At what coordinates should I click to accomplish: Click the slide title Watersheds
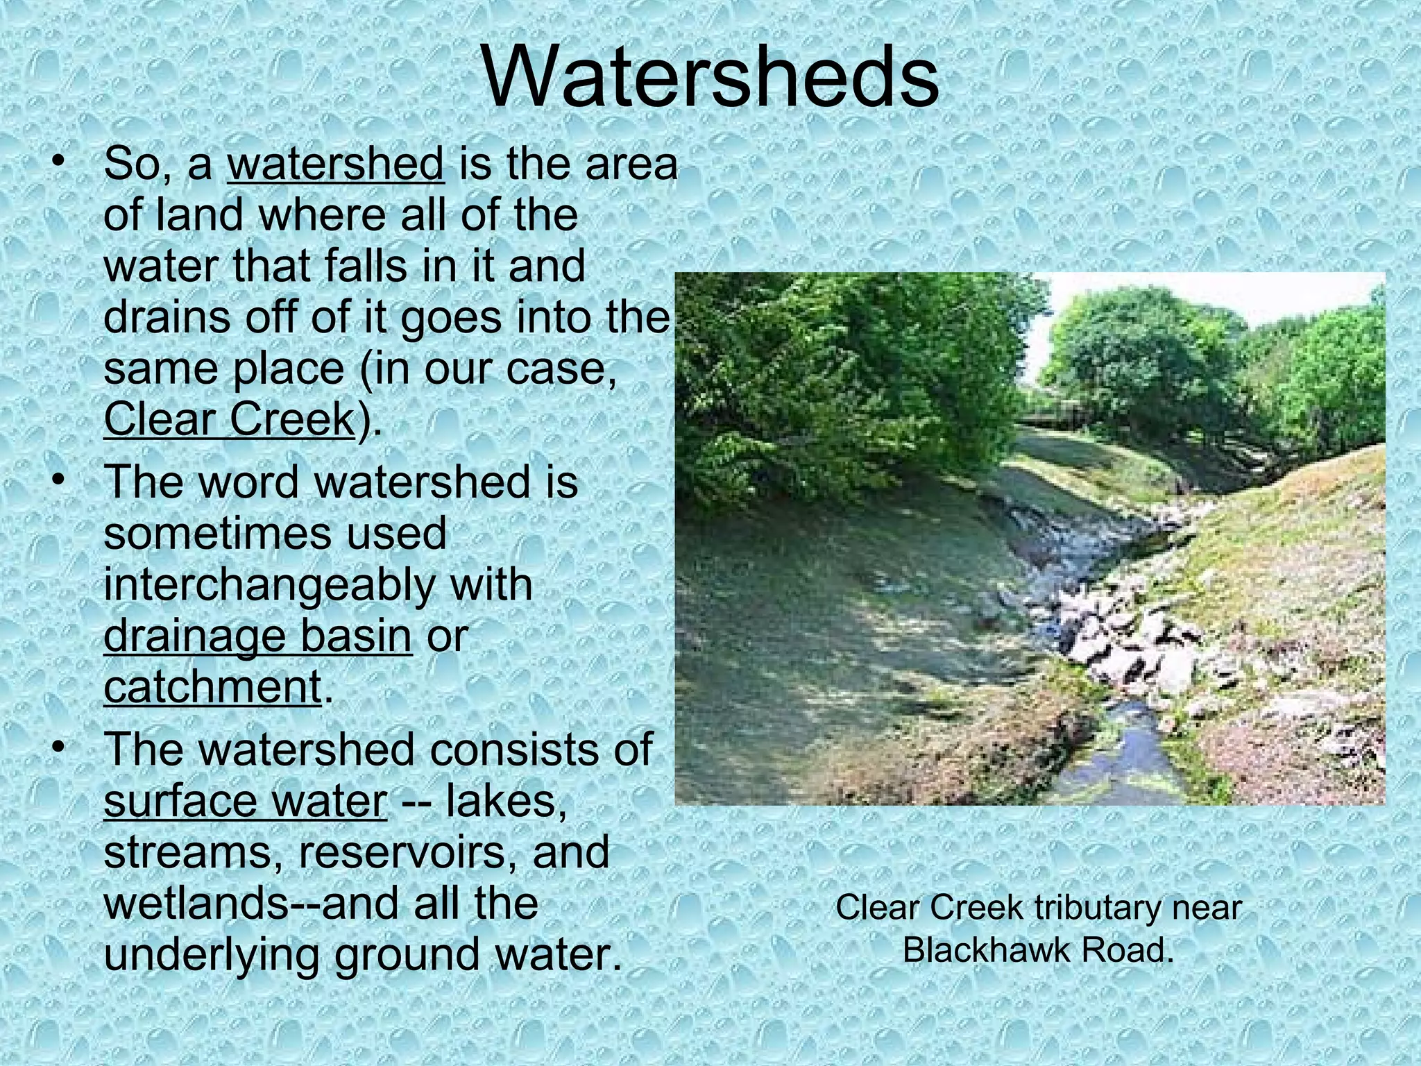coord(709,78)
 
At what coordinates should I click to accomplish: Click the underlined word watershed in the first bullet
coord(336,164)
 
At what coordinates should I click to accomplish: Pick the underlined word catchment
coord(212,686)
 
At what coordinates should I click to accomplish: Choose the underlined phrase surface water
coord(245,802)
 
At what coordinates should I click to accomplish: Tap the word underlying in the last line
coord(212,955)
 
